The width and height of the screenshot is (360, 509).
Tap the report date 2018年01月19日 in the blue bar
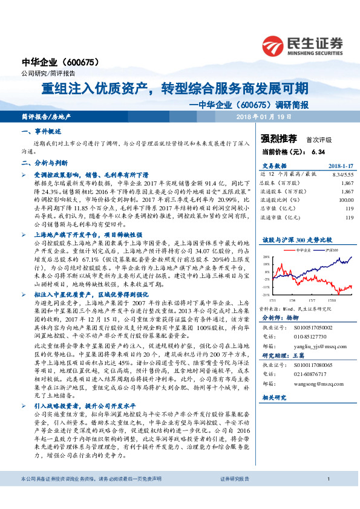[263, 116]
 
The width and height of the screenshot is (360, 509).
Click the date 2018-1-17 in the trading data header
[340, 164]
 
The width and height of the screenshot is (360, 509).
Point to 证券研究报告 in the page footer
[235, 496]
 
